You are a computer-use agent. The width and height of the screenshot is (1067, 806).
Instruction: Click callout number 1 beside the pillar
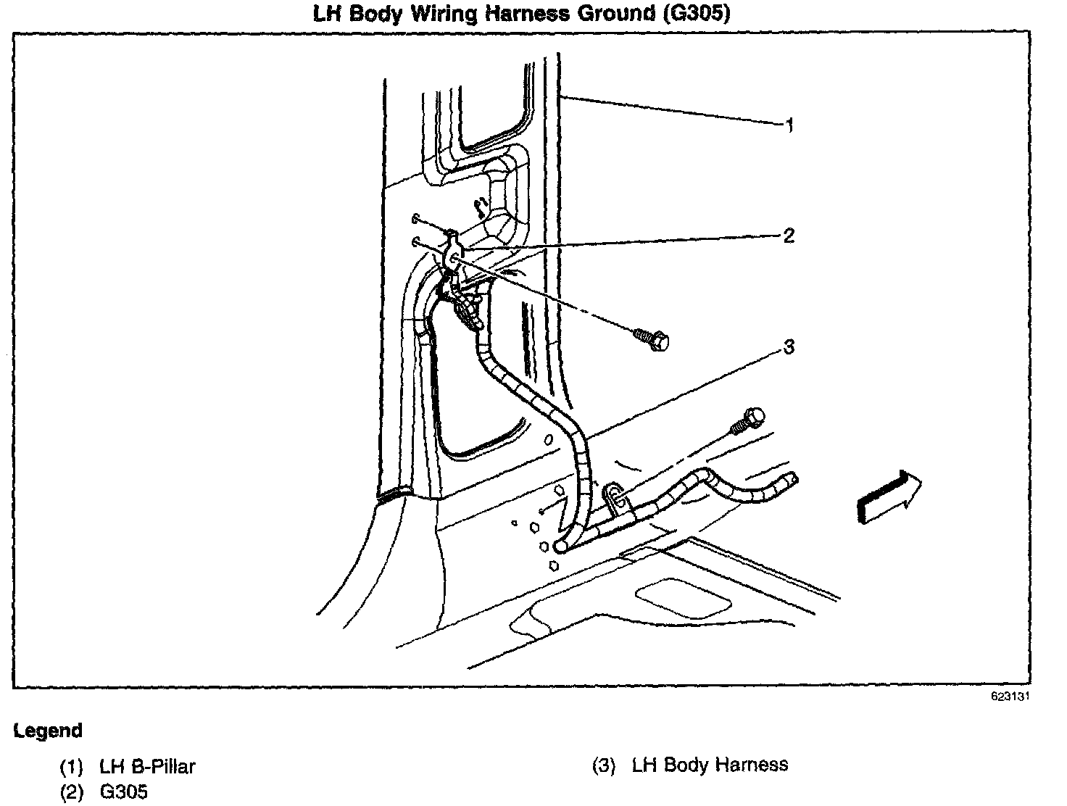pos(789,125)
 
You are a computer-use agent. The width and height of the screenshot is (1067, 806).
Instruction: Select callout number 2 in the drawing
pos(789,236)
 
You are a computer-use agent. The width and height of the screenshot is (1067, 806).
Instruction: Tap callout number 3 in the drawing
pos(789,347)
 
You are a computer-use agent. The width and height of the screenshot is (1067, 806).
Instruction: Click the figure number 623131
pos(1010,697)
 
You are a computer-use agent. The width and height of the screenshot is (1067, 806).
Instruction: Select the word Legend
pos(48,731)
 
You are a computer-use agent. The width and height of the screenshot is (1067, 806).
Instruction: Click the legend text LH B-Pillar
pos(147,766)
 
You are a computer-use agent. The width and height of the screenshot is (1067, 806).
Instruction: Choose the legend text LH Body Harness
pos(710,765)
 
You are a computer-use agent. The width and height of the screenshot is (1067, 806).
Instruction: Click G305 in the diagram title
pos(696,14)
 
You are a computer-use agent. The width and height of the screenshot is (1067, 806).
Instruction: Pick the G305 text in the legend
pos(123,792)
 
